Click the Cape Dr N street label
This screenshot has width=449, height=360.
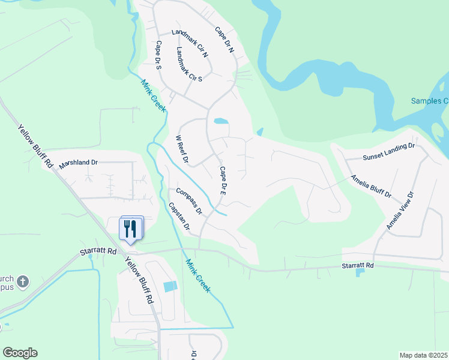tap(224, 40)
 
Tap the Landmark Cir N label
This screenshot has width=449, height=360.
tap(190, 43)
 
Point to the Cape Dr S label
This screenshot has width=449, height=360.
tap(159, 55)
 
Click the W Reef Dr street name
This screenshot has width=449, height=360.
tap(182, 149)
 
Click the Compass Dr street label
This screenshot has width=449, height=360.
tap(189, 202)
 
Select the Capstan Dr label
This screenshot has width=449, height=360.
tap(179, 217)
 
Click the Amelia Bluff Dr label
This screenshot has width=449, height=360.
tap(371, 186)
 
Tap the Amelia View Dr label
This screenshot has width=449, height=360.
tap(400, 211)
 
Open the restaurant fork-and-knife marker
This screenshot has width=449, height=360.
tap(131, 229)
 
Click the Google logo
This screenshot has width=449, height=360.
tap(20, 353)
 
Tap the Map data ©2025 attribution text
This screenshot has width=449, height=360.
tap(423, 355)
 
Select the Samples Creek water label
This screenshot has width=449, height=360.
tap(429, 101)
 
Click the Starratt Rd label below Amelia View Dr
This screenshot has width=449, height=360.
tap(358, 265)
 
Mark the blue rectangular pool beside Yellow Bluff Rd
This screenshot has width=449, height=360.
tap(170, 287)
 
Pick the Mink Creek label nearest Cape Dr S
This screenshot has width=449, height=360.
tap(153, 97)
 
